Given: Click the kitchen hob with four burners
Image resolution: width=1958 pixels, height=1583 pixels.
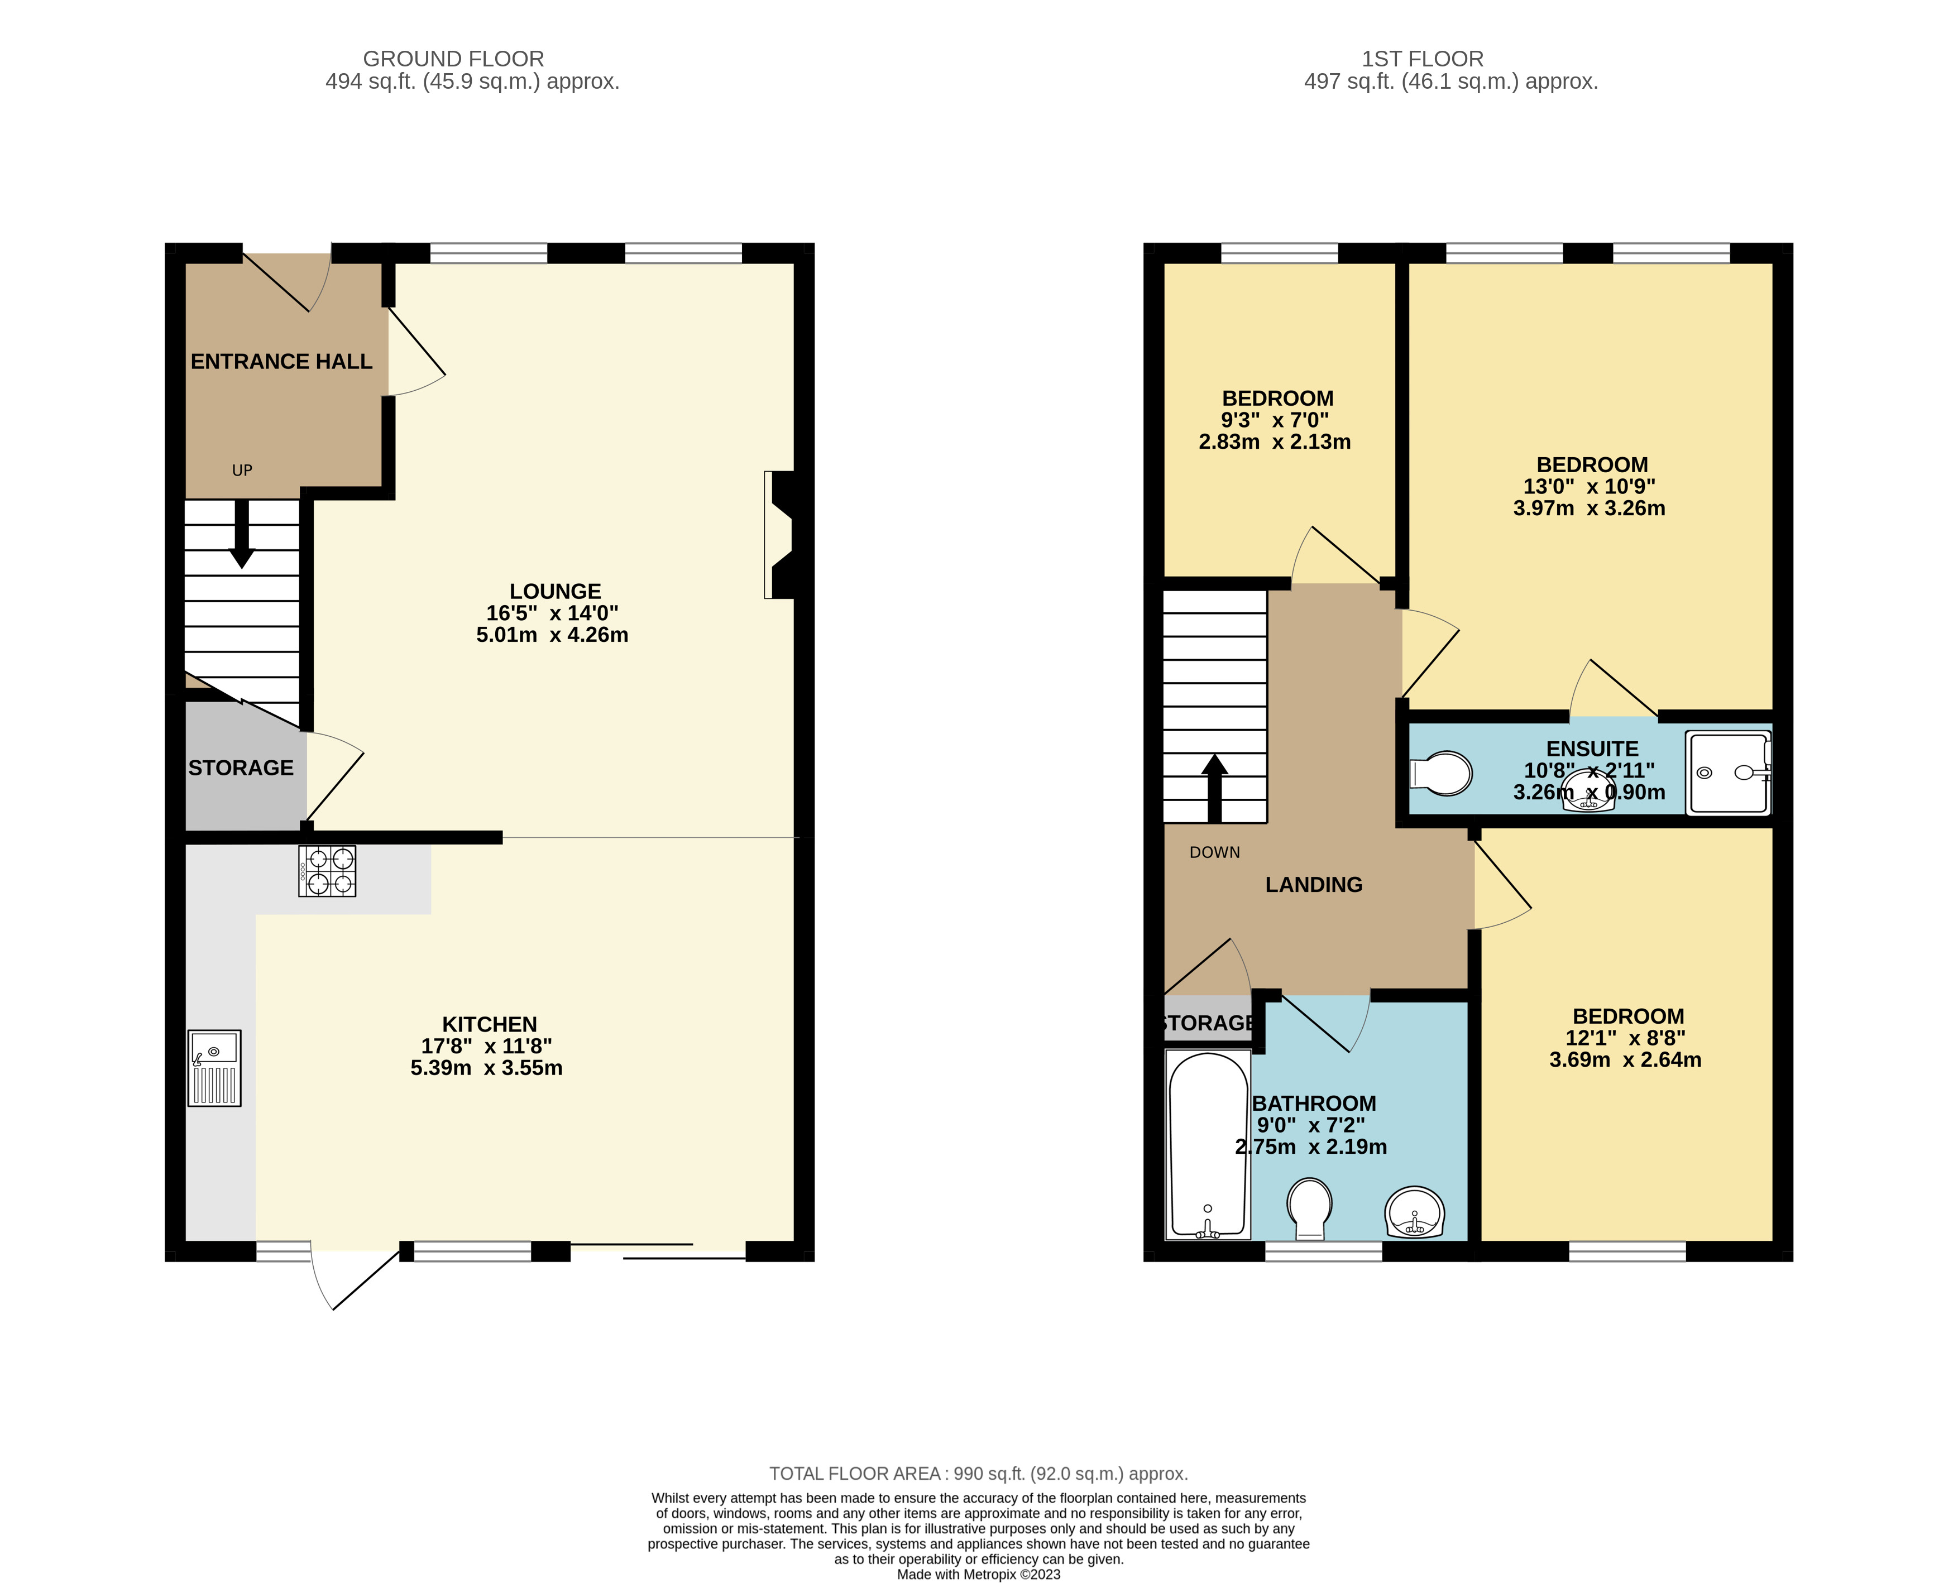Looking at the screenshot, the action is tap(327, 871).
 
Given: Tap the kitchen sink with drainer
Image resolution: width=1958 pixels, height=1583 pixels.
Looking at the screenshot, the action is tap(214, 1068).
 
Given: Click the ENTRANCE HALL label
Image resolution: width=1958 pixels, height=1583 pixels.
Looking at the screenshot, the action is tap(281, 362).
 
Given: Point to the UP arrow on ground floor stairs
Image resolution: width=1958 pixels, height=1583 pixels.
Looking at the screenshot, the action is tap(242, 534).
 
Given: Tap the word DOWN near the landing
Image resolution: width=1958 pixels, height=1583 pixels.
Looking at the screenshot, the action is tap(1215, 852).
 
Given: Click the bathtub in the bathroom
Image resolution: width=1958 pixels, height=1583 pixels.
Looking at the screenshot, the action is tap(1208, 1145).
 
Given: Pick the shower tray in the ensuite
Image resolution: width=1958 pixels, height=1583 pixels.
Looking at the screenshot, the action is tap(1728, 773).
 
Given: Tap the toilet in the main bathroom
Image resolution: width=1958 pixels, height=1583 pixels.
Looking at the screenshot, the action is tap(1310, 1209).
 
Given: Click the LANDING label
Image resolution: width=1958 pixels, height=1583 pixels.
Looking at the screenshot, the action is tap(1313, 885).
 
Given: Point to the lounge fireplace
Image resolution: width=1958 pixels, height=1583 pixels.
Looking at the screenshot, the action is tap(780, 534).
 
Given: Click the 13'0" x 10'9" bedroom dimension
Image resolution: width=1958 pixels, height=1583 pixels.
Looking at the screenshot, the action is tap(1590, 487).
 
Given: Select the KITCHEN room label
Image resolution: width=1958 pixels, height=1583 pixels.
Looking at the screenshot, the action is tap(490, 1024).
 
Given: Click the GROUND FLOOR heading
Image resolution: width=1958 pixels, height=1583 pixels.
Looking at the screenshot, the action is tap(453, 59).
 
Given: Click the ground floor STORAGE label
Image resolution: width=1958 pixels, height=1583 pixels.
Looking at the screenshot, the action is tap(241, 768).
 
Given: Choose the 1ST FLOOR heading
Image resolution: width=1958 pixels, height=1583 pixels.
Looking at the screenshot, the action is tap(1423, 59).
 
